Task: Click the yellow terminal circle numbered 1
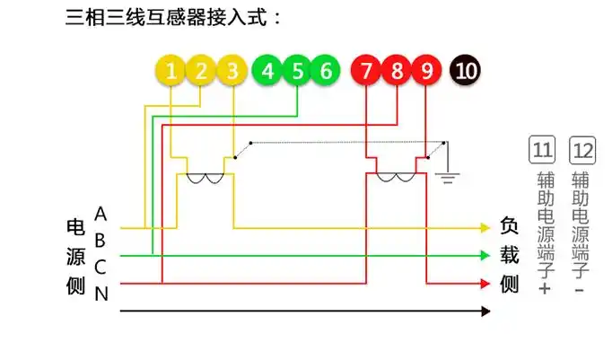(x=171, y=71)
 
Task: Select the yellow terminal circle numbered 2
(x=201, y=71)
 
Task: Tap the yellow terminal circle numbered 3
(x=232, y=71)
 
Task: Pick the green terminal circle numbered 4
(x=267, y=71)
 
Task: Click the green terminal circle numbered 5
(x=297, y=71)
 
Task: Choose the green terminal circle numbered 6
(x=326, y=71)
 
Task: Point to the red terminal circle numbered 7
(x=366, y=71)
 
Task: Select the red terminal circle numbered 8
(x=396, y=71)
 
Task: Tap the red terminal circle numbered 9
(x=426, y=71)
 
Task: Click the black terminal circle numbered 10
(x=465, y=71)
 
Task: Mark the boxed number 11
(x=542, y=150)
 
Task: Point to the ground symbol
(x=446, y=176)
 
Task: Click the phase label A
(x=101, y=215)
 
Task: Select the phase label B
(x=101, y=241)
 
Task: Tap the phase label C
(x=101, y=267)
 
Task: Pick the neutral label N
(x=101, y=294)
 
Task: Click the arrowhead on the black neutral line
(x=485, y=312)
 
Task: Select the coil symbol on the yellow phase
(x=205, y=177)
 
